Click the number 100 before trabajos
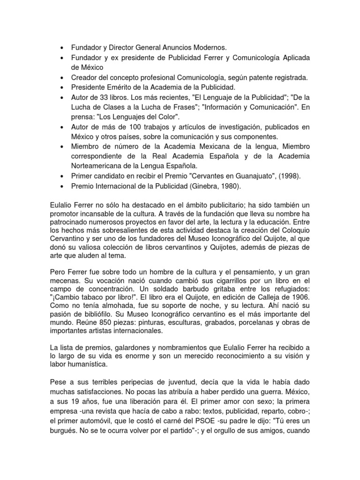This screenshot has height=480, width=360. tap(132, 127)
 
